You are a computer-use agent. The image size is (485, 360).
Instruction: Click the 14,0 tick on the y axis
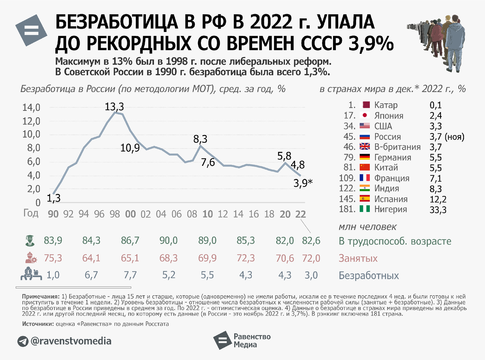pyautogui.click(x=31, y=108)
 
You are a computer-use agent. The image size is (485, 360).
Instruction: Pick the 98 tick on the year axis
pyautogui.click(x=115, y=214)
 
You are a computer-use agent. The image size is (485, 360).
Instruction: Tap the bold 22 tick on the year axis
pyautogui.click(x=300, y=214)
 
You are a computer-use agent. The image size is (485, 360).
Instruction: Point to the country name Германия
pyautogui.click(x=392, y=157)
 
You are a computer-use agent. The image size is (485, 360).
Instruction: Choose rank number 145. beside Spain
pyautogui.click(x=348, y=199)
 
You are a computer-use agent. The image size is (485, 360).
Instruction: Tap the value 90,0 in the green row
pyautogui.click(x=168, y=241)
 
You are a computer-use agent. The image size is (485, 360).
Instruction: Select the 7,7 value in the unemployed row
pyautogui.click(x=130, y=275)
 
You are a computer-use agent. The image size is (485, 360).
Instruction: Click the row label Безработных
pyautogui.click(x=368, y=276)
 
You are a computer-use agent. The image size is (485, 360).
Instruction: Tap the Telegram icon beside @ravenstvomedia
pyautogui.click(x=23, y=341)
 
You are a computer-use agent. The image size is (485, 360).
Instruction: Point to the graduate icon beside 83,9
pyautogui.click(x=29, y=241)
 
